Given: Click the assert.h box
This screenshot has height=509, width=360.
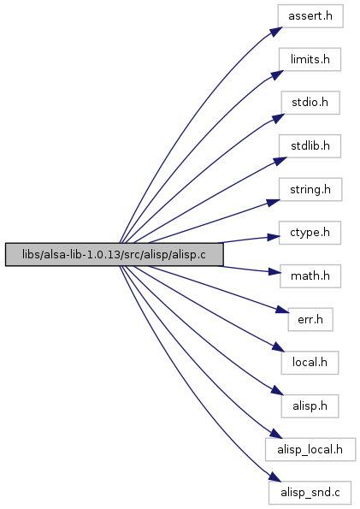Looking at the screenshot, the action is [x=310, y=16].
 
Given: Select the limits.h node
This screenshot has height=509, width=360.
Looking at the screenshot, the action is [x=310, y=59].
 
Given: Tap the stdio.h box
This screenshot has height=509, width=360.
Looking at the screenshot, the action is [x=310, y=103].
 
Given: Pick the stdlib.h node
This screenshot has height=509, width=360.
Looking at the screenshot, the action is [x=310, y=146].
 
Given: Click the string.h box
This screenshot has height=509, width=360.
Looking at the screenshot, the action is [x=310, y=189].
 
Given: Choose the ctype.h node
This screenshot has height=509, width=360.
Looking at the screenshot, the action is [x=310, y=233].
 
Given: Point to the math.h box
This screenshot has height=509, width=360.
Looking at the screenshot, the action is [x=310, y=276].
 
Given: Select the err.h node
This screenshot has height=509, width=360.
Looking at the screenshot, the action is [x=310, y=319].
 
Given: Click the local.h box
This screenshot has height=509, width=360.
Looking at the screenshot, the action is [x=310, y=363].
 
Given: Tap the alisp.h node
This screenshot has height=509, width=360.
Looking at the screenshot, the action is [x=310, y=406].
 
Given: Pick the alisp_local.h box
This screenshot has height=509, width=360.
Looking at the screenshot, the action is [x=310, y=449].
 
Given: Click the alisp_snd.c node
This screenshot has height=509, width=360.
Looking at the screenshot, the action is [x=310, y=493].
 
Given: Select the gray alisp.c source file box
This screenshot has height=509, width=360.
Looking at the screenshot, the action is [x=115, y=255].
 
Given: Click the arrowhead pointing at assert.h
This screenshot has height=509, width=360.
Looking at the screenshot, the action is [x=275, y=31].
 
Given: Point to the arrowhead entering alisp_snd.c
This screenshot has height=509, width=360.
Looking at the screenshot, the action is [x=275, y=477].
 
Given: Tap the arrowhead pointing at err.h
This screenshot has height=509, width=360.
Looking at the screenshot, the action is [x=282, y=310].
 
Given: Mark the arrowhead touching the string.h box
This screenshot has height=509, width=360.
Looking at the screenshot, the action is [x=274, y=203].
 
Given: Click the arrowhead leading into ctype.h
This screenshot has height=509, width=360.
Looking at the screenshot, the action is [x=274, y=237].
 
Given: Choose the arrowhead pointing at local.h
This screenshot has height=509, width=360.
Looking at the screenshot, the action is [x=278, y=346].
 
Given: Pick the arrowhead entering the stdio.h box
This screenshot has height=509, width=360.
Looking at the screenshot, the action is [x=278, y=119].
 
